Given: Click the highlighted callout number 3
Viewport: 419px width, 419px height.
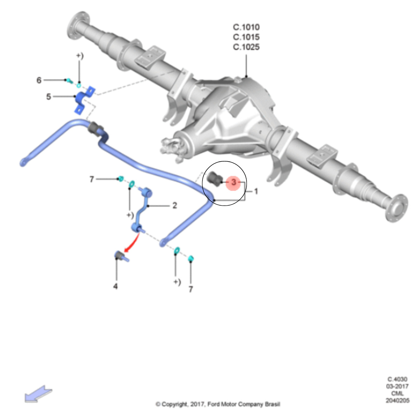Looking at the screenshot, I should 233,182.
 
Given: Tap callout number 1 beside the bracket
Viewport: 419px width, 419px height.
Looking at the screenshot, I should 256,191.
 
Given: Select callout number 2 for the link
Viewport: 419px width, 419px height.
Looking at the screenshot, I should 175,205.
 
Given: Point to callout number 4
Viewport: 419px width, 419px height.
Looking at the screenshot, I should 116,286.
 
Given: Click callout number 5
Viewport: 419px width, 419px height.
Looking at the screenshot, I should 49,96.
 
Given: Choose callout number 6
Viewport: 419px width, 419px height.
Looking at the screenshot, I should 39,80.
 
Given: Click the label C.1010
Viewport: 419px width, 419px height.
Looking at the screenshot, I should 246,27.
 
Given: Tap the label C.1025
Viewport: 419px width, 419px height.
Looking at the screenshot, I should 246,47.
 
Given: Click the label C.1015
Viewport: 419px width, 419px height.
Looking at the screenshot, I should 246,37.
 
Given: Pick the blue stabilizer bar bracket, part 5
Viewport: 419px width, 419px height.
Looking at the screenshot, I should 82,100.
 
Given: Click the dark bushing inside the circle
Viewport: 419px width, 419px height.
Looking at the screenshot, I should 214,179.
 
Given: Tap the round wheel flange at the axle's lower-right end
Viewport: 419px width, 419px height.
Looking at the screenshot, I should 397,208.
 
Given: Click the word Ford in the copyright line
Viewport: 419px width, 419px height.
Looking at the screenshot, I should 214,404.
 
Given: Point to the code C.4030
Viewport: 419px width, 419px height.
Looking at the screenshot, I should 397,379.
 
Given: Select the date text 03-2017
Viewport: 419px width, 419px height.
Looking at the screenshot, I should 397,386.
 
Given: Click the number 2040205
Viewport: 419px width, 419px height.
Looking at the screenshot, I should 397,400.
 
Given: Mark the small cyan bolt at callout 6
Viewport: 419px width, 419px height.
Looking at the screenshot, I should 69,81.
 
